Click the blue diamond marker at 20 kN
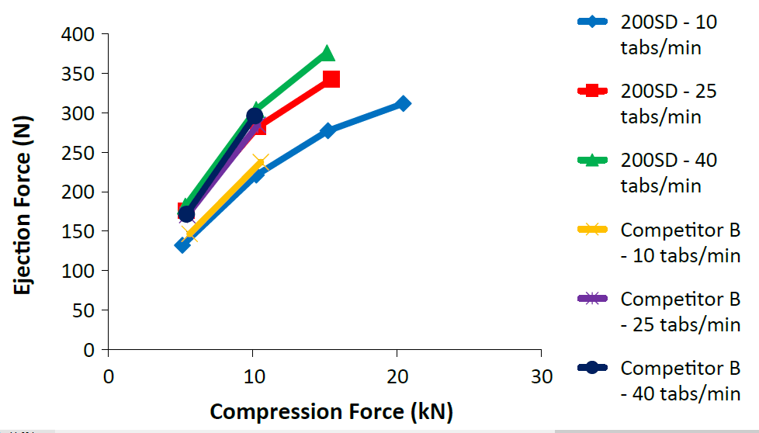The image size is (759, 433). [403, 103]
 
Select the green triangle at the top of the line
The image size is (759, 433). [327, 54]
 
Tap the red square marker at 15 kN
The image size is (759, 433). [331, 78]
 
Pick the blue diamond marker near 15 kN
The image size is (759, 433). [328, 130]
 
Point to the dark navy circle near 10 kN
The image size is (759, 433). [255, 116]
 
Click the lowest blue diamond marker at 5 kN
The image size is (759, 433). [182, 244]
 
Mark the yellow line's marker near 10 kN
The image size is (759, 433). [259, 163]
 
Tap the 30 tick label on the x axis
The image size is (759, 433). [542, 377]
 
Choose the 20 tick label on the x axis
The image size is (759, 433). [397, 377]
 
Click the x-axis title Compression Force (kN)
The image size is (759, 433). [331, 411]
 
